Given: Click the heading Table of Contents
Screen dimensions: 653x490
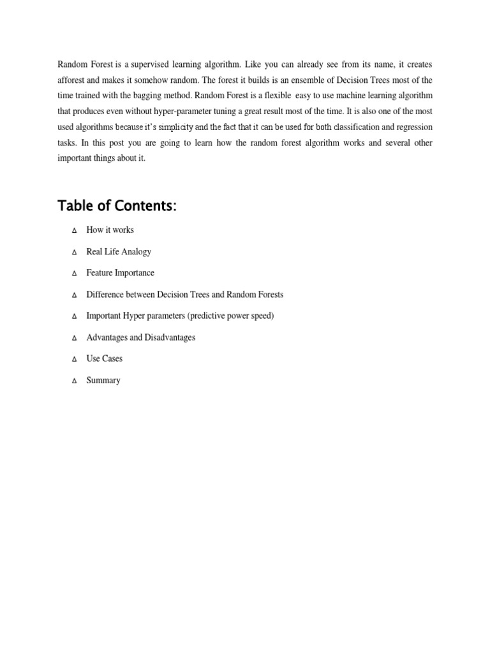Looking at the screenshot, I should pos(117,206).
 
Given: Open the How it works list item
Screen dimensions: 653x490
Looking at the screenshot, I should pos(110,230).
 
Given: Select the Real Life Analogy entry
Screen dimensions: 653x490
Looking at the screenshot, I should pos(119,251).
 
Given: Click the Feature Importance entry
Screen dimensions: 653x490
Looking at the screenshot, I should pos(120,273).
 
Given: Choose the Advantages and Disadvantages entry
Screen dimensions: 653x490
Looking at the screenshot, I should pos(140,337).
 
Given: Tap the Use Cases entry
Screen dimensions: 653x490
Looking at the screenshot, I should pos(104,358).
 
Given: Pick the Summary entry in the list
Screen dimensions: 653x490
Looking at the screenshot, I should pos(103,380).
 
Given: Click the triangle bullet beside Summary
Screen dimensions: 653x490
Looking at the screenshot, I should pos(74,381).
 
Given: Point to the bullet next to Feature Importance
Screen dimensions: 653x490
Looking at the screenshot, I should pos(74,274).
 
